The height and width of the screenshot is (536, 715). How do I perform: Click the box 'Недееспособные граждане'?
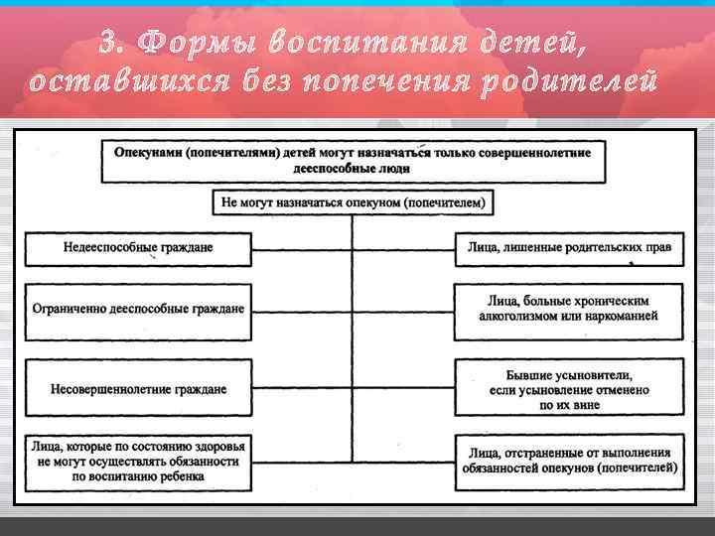(x=139, y=248)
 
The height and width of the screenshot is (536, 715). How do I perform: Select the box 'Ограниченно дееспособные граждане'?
(x=139, y=310)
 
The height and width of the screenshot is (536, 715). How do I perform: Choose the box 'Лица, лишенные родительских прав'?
(x=569, y=248)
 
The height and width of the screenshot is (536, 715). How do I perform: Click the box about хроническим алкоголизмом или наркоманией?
(x=569, y=310)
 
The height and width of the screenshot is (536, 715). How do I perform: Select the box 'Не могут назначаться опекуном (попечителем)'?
(x=354, y=203)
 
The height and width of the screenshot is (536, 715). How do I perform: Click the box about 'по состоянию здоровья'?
(x=139, y=462)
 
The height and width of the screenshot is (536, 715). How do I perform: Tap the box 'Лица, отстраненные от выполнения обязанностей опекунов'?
(x=569, y=462)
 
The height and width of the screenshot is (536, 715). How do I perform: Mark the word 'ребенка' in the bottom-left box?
(x=182, y=476)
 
